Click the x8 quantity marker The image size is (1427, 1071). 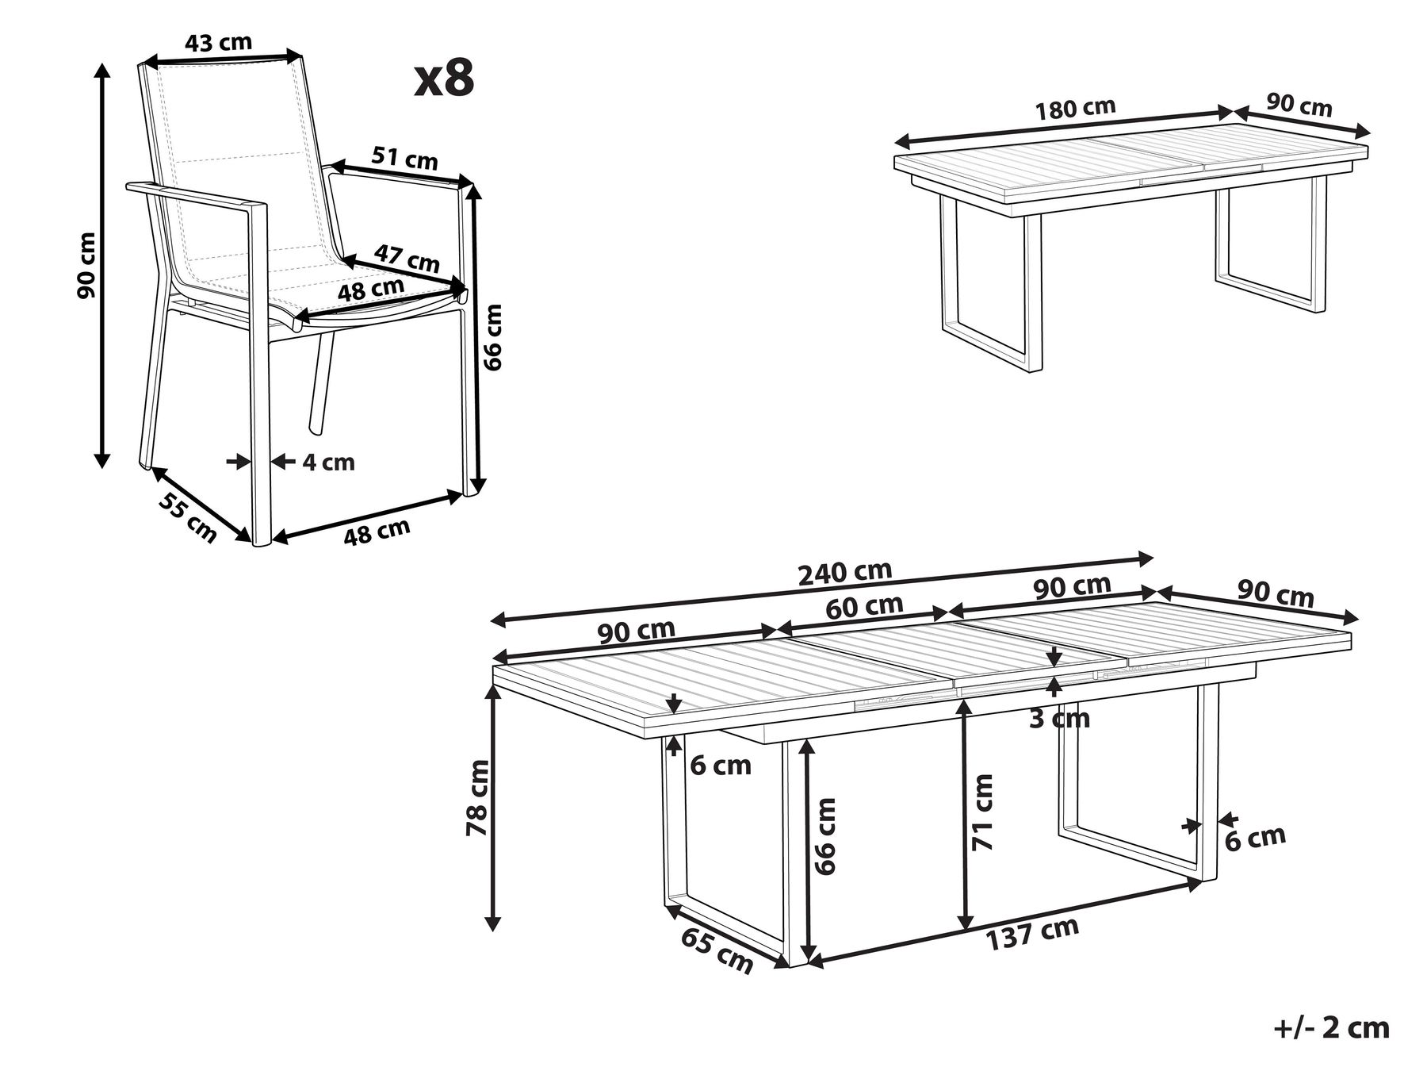pos(444,80)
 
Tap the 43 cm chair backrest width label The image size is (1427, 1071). pos(218,43)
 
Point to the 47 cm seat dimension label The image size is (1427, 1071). pos(407,258)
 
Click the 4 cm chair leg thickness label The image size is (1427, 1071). pos(328,462)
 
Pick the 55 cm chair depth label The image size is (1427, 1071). pos(188,516)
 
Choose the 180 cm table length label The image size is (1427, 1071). pos(1075,109)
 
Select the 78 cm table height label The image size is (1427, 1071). pos(478,797)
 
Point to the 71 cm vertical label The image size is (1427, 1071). pos(983,812)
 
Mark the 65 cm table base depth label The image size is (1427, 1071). pos(717,950)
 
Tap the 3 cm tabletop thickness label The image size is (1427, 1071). pos(1060,719)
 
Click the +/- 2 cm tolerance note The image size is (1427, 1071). pos(1331,1028)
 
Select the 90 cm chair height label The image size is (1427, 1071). pos(86,265)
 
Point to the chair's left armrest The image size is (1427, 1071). pos(198,198)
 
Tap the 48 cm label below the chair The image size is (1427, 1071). pos(377,532)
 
